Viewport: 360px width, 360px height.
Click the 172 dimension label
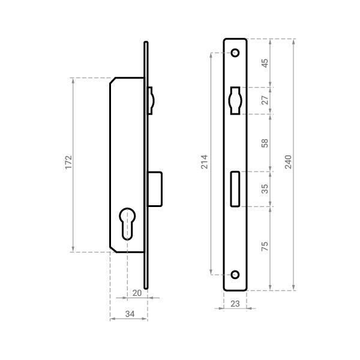click(x=68, y=163)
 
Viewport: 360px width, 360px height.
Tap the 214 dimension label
click(x=204, y=162)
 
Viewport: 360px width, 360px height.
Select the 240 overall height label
click(x=288, y=162)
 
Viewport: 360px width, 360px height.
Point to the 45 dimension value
click(x=265, y=64)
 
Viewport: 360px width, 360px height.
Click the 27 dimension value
click(x=265, y=100)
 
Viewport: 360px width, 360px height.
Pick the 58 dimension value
click(x=265, y=143)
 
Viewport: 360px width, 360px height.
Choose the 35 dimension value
click(x=265, y=189)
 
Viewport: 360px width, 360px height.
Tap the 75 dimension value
click(x=265, y=246)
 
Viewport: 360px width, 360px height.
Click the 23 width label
click(x=235, y=304)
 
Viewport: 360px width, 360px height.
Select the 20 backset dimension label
click(x=137, y=293)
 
